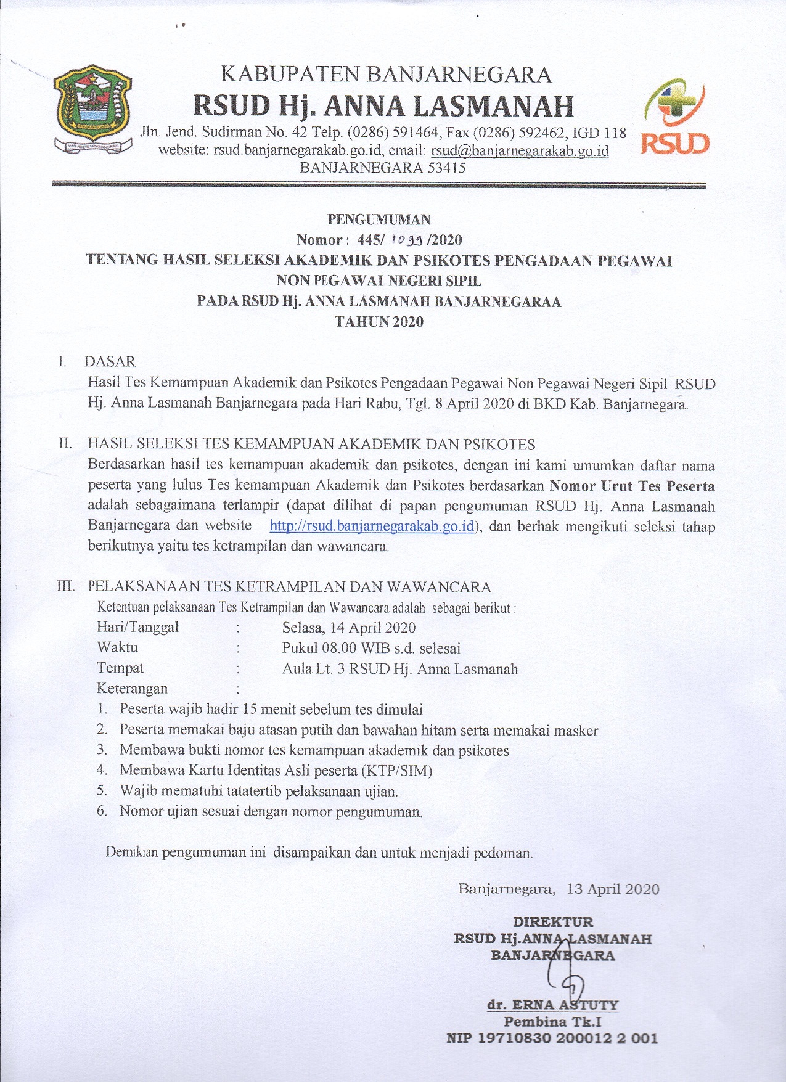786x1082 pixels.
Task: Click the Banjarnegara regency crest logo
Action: (x=92, y=109)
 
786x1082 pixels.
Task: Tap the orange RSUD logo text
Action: (x=676, y=143)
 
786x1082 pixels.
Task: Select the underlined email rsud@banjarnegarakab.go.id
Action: (x=520, y=150)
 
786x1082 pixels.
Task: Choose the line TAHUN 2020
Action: (x=379, y=321)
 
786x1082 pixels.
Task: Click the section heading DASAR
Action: (x=110, y=361)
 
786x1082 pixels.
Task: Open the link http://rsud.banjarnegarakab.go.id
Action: (x=372, y=526)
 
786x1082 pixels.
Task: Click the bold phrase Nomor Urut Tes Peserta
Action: (x=632, y=485)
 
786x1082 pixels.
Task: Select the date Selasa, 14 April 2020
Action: (x=349, y=628)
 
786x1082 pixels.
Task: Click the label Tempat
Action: (x=120, y=668)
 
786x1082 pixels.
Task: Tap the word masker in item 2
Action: (x=576, y=731)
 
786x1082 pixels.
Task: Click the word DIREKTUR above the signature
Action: (x=553, y=922)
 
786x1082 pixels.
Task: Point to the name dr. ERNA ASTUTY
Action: (x=552, y=1005)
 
